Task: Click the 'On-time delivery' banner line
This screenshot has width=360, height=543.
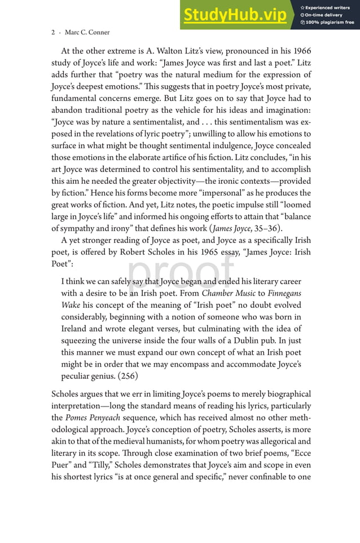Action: (x=324, y=15)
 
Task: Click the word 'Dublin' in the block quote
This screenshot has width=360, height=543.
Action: (x=257, y=341)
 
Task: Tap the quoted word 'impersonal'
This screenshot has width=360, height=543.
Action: (x=217, y=192)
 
